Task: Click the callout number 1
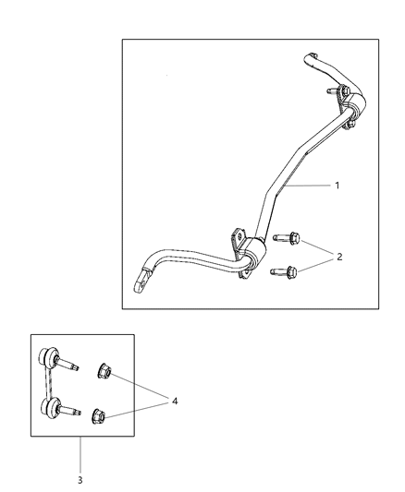point(337,186)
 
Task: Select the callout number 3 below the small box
point(80,480)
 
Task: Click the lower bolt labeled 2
point(288,271)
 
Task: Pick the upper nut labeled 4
point(104,373)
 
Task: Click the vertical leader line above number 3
point(80,452)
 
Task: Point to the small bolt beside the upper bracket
point(331,91)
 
